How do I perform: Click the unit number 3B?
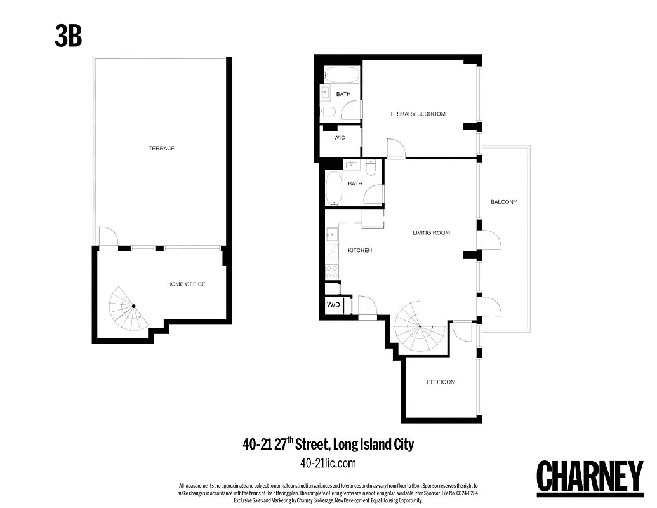point(68,37)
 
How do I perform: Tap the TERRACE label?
point(161,149)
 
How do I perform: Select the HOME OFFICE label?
point(186,284)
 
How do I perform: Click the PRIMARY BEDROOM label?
point(418,114)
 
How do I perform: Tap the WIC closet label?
point(339,138)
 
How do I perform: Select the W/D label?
point(333,305)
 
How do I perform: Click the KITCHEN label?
point(359,251)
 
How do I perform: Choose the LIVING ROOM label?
point(431,233)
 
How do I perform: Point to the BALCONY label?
point(503,202)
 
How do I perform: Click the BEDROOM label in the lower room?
point(441,382)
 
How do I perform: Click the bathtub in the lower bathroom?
point(333,188)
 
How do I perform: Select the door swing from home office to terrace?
point(107,236)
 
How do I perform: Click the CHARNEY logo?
point(590,476)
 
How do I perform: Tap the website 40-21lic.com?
point(328,464)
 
